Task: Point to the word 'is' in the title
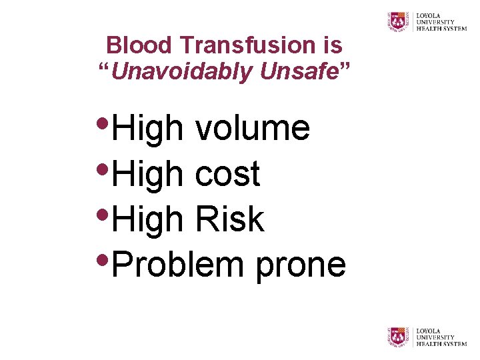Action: [332, 46]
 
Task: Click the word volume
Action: [253, 129]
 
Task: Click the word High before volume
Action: [147, 129]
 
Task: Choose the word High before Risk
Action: [147, 220]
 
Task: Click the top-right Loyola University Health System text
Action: [441, 21]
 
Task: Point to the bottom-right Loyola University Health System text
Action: [441, 337]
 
